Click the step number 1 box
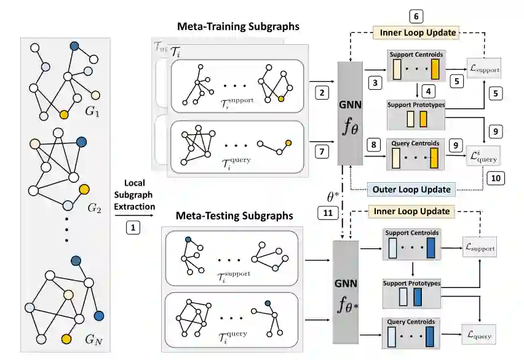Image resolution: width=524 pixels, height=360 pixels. (133, 227)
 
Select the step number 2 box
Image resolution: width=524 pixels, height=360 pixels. (320, 93)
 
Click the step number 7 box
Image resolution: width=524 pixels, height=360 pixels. (320, 151)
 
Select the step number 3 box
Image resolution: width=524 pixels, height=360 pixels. (373, 81)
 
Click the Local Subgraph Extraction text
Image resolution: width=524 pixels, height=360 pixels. (133, 194)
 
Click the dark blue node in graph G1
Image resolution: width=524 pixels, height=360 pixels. (74, 46)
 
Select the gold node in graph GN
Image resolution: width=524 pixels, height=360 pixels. (66, 338)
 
